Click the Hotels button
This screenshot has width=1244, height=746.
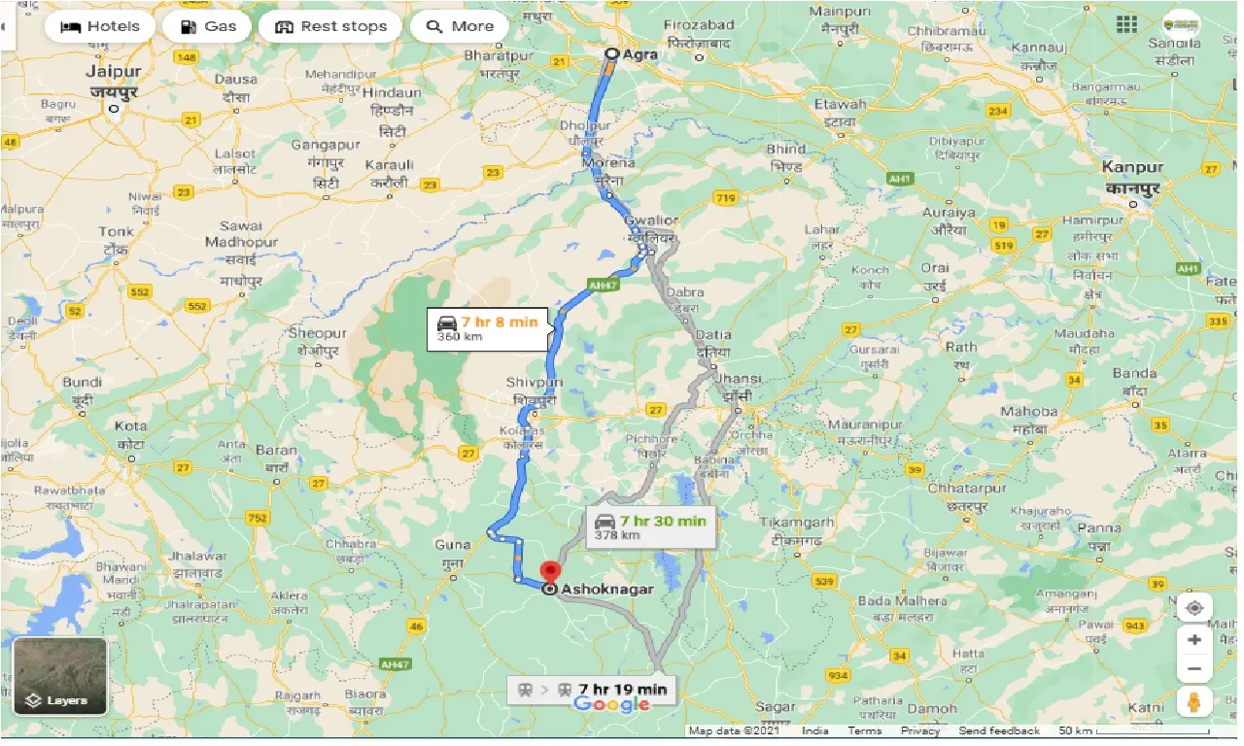[100, 26]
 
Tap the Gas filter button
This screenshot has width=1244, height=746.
[207, 26]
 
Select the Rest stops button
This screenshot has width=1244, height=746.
[330, 26]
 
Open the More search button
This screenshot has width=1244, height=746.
[460, 26]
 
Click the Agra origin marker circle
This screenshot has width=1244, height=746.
[611, 54]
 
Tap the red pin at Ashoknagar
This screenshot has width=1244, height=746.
[550, 573]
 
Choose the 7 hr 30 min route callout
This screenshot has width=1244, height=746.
[651, 527]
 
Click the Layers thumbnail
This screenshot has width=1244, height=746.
[60, 675]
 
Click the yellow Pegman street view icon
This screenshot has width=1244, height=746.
[1193, 701]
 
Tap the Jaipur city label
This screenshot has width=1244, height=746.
[114, 72]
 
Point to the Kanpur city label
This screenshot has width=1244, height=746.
[1132, 167]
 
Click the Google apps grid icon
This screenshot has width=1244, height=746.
[1127, 24]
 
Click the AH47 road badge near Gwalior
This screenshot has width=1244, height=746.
[602, 285]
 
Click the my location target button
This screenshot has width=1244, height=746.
[1193, 608]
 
